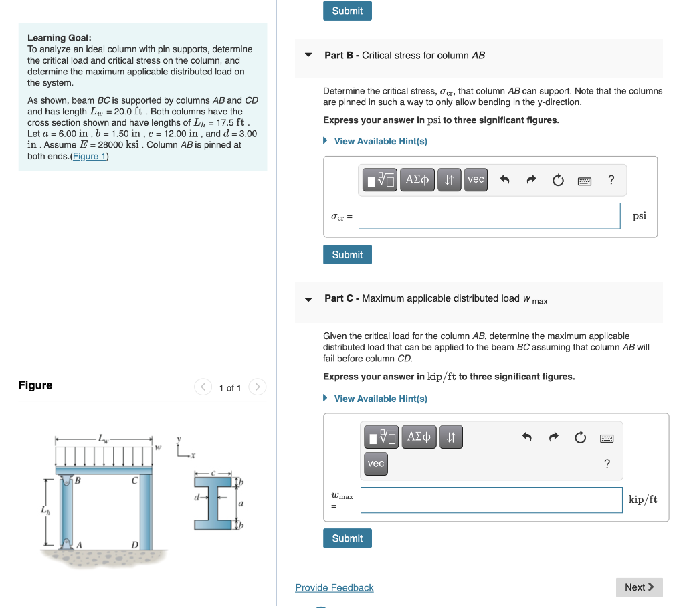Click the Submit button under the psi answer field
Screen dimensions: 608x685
click(x=347, y=255)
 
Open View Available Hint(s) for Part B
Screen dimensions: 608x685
click(x=380, y=141)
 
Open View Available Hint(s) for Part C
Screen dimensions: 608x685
click(x=380, y=399)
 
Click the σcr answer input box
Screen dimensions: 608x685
click(x=489, y=216)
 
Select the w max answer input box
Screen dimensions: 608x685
click(x=491, y=500)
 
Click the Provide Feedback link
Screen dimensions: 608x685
click(x=334, y=587)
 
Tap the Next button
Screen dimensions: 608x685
click(x=639, y=587)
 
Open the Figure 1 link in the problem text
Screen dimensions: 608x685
click(x=89, y=156)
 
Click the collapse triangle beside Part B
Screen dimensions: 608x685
click(x=308, y=55)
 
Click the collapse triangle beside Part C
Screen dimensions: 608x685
click(x=308, y=299)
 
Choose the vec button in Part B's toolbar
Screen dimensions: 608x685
click(x=476, y=179)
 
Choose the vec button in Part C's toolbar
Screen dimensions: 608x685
click(x=376, y=463)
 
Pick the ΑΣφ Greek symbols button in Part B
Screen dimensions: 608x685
click(x=417, y=179)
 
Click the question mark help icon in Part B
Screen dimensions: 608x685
click(x=611, y=179)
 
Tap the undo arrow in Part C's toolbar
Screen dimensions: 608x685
click(x=527, y=437)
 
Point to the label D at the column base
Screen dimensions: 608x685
click(x=134, y=546)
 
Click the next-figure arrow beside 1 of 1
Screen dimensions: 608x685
click(x=258, y=387)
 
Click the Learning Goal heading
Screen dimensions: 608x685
click(x=60, y=38)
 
